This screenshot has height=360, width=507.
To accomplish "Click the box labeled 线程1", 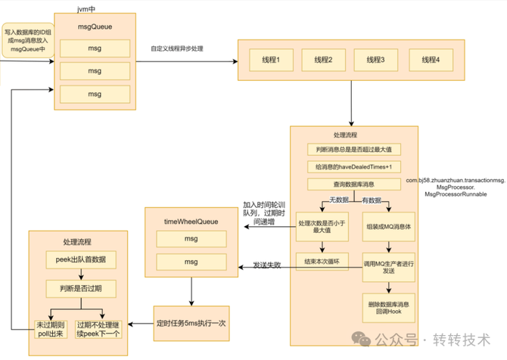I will point(270,60).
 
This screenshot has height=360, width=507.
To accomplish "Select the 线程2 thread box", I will point(324,60).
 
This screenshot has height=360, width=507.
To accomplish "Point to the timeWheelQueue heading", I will point(191,221).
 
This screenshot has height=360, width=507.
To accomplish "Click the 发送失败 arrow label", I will point(268,265).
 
